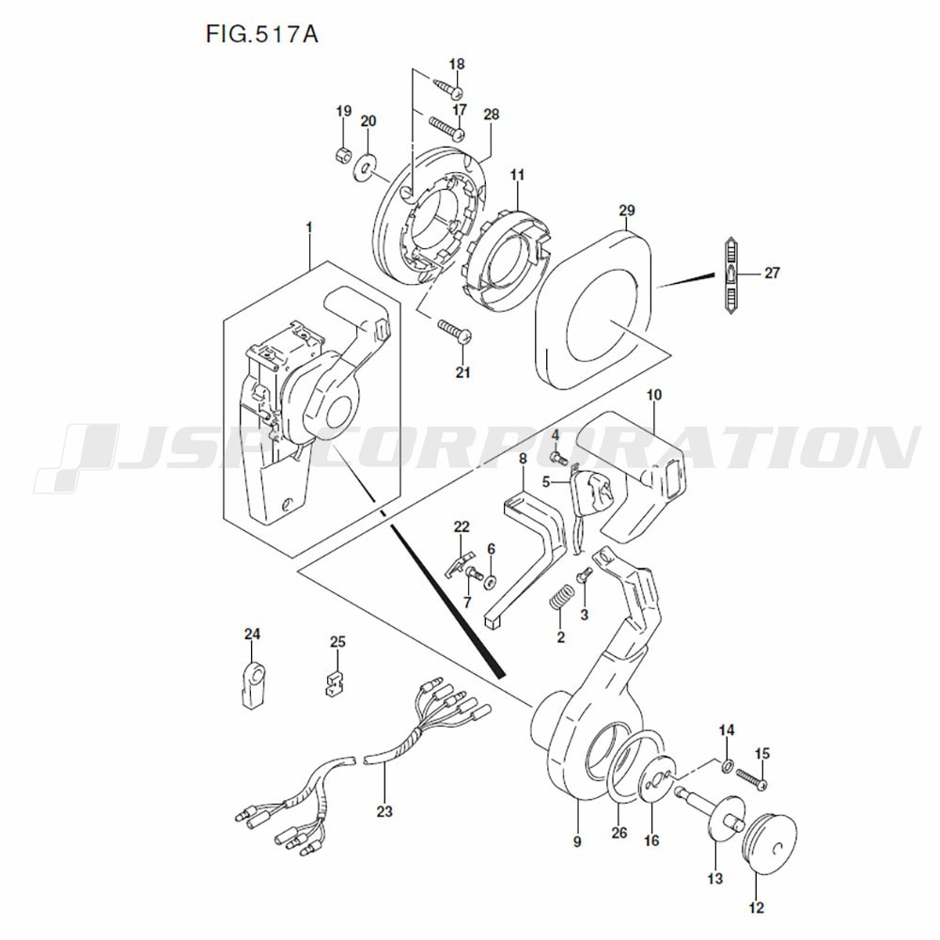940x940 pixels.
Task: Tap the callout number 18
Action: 457,64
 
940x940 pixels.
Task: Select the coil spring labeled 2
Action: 562,598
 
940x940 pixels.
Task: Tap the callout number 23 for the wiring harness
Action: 384,810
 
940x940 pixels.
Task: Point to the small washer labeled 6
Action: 491,582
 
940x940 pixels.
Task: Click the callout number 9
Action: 576,841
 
